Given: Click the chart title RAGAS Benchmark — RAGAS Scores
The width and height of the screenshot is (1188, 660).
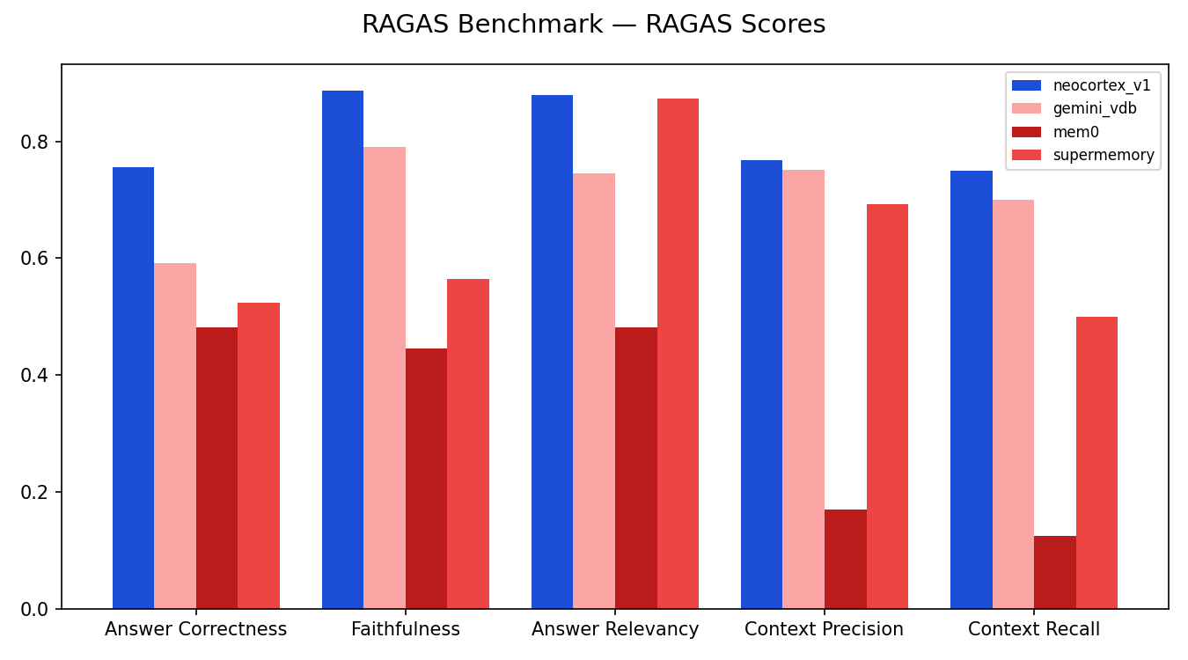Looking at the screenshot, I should [593, 25].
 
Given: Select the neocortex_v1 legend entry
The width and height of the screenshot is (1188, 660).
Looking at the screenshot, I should [1101, 85].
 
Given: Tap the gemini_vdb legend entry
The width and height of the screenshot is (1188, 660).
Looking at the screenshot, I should [1095, 109].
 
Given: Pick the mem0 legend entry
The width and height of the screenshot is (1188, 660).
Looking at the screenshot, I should [1075, 132].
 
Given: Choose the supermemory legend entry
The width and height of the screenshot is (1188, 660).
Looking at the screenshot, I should [1103, 155].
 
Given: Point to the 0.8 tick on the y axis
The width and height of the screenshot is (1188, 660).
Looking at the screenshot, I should [38, 142].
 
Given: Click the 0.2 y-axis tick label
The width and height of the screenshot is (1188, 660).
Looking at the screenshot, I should [38, 492].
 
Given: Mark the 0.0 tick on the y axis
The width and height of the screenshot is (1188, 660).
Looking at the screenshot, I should [38, 609].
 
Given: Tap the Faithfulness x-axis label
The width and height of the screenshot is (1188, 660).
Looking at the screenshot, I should [405, 629].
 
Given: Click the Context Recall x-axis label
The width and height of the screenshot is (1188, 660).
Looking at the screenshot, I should [1033, 629].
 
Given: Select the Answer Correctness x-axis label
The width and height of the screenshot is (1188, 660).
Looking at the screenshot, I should [195, 629].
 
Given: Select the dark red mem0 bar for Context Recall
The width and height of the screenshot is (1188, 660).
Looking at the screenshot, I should [1054, 572].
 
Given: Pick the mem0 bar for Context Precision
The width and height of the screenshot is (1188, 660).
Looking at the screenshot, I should [845, 559].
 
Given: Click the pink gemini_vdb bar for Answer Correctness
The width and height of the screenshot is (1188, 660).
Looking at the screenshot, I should [175, 436].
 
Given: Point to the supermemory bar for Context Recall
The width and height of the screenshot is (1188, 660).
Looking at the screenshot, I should [1096, 463].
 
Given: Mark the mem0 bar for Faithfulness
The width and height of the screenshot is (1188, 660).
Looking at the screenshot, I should [426, 479].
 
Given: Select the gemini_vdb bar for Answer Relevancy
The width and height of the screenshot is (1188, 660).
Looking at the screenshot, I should [594, 391].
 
